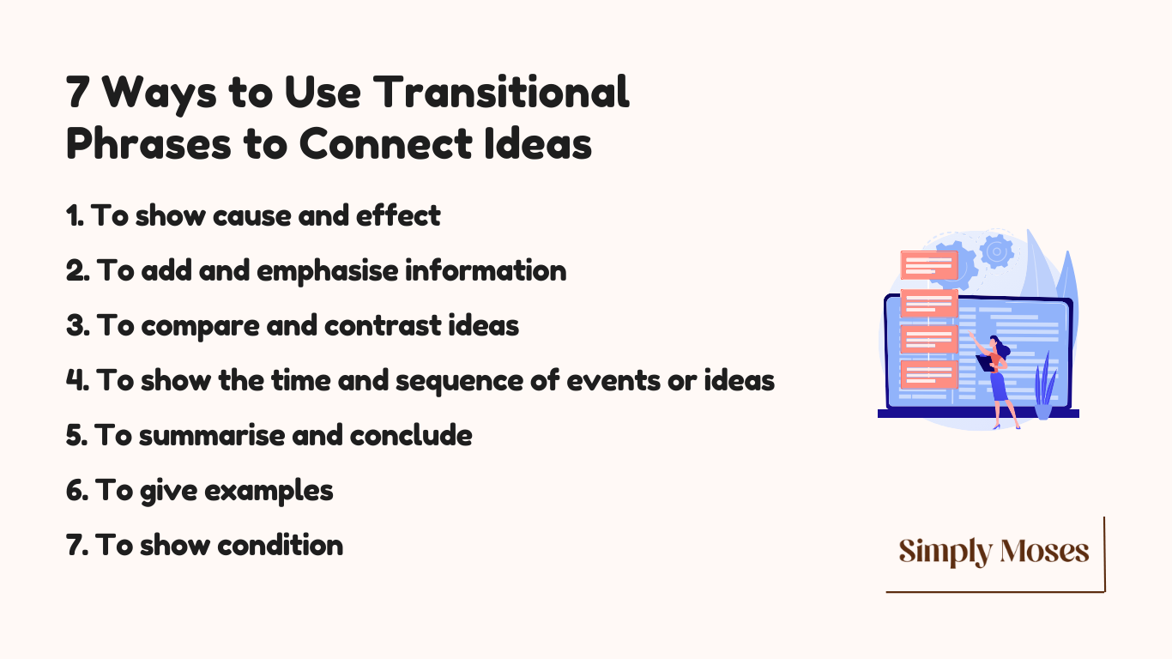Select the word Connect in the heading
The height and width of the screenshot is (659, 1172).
(386, 144)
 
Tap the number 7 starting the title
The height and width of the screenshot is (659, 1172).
(77, 92)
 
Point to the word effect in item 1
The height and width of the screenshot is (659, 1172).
(398, 215)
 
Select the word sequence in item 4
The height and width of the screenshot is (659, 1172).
(459, 381)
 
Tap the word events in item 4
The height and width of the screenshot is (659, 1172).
(613, 380)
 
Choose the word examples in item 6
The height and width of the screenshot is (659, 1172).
(269, 491)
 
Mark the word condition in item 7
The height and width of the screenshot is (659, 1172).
(280, 546)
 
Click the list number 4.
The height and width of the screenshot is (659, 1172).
(77, 380)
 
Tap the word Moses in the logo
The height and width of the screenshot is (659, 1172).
(1044, 551)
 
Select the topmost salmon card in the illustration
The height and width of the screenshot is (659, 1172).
(929, 265)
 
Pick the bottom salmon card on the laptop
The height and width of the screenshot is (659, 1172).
(929, 374)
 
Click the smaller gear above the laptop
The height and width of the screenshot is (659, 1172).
(997, 251)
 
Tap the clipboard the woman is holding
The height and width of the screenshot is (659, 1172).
(985, 363)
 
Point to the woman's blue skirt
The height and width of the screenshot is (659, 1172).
(999, 387)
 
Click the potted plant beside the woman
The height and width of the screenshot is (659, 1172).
(1044, 387)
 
